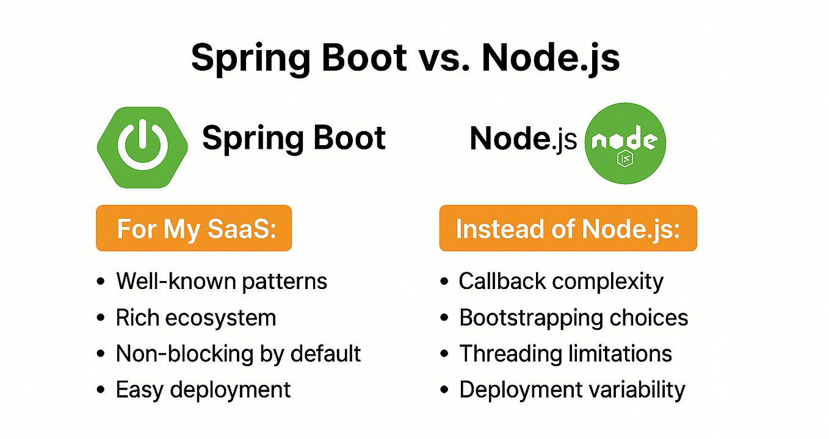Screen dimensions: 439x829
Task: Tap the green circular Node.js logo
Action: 625,143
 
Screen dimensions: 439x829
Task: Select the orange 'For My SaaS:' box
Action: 194,229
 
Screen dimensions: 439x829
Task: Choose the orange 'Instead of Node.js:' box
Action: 568,229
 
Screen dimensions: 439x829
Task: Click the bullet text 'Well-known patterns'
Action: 222,281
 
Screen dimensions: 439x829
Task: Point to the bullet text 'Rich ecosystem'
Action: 196,318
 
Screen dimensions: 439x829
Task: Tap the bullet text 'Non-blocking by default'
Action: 238,354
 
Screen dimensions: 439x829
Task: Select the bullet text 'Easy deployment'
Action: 203,389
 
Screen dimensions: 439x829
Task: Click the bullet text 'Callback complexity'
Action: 561,281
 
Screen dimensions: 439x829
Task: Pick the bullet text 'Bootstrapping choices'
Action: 573,318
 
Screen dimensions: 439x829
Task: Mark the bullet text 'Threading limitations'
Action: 565,354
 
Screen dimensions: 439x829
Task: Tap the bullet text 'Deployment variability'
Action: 572,389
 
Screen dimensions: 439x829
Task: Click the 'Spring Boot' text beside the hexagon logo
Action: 294,138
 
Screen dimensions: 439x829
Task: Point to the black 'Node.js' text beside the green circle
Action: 523,140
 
